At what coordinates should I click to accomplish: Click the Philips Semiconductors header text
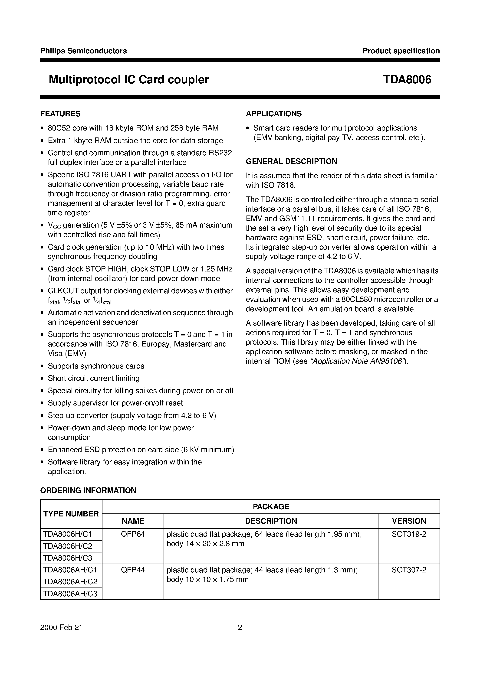point(83,51)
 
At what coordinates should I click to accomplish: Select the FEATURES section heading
point(60,114)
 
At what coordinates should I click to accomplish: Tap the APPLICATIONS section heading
point(274,114)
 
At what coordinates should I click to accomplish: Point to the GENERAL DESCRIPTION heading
point(292,161)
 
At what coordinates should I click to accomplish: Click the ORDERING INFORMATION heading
point(88,490)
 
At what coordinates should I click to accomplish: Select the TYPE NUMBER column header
point(71,514)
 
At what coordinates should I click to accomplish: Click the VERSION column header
point(409,521)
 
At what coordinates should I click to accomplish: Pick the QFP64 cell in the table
point(133,534)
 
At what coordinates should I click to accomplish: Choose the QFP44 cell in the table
point(133,570)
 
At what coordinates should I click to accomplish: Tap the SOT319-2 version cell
point(409,534)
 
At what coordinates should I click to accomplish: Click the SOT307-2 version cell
point(409,570)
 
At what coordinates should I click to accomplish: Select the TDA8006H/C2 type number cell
point(68,546)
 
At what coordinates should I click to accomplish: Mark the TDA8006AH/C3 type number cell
point(70,594)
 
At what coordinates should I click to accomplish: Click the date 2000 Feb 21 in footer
point(61,627)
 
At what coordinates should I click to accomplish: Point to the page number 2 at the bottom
point(240,627)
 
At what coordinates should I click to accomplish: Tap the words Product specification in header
point(401,51)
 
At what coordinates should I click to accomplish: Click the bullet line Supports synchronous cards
point(96,366)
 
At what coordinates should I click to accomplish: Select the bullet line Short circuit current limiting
point(94,379)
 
